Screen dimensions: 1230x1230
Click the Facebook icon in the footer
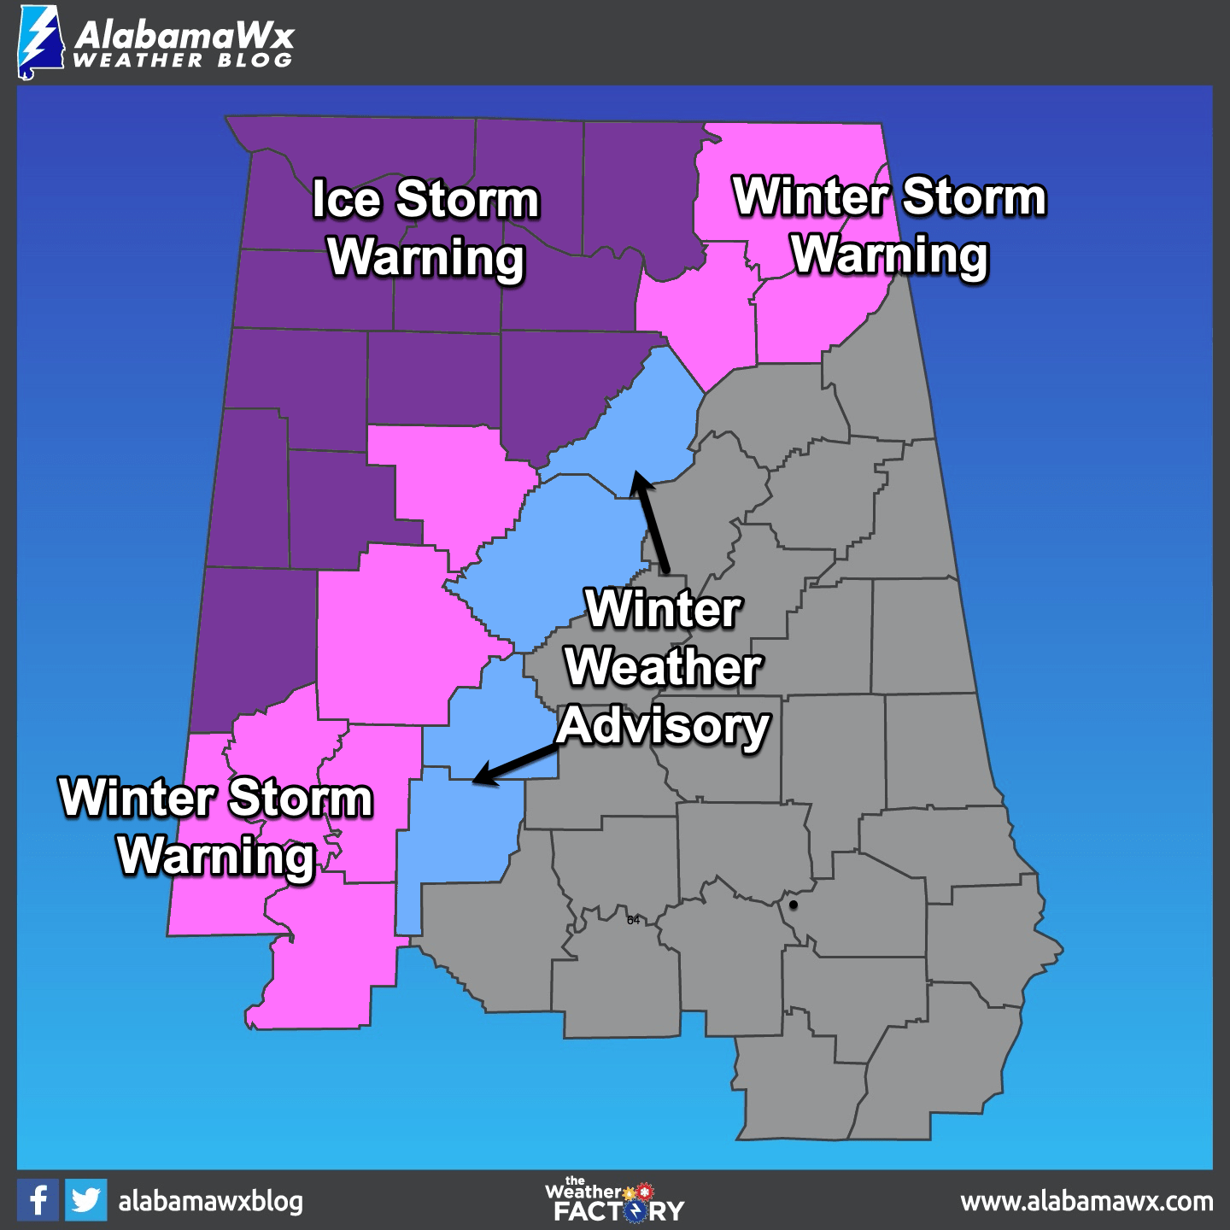(38, 1200)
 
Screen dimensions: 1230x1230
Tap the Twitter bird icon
(85, 1200)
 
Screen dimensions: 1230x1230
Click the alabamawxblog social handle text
(210, 1201)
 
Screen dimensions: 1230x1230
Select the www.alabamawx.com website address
(1086, 1202)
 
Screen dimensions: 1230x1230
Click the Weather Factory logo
(614, 1200)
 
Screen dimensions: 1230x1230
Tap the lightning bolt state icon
(39, 43)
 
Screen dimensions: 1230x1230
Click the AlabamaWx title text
(184, 35)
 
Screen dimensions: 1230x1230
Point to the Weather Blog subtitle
(183, 61)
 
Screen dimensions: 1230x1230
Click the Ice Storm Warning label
(425, 228)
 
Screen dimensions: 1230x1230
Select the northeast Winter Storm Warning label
(889, 225)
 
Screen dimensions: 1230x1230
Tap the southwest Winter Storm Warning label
(216, 826)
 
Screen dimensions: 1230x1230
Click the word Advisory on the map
(663, 727)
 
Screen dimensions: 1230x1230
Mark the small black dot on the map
(794, 905)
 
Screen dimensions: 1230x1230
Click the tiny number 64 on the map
(633, 920)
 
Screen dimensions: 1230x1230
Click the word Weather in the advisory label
(663, 667)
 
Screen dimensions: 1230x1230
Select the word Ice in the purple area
(346, 200)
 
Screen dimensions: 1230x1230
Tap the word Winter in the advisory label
(664, 609)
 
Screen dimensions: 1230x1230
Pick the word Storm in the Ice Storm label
(468, 200)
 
